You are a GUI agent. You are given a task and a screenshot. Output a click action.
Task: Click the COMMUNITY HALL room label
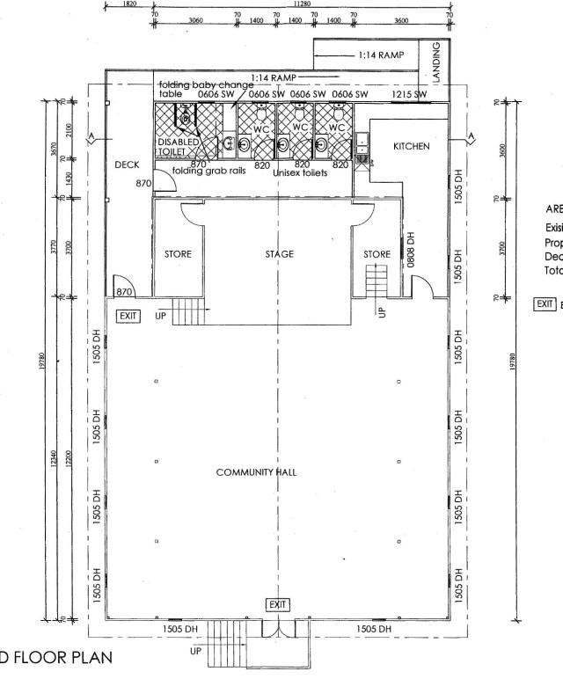[x=256, y=472]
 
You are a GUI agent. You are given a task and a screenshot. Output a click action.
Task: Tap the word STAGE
[x=279, y=254]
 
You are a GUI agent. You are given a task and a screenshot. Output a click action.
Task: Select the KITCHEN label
[x=412, y=146]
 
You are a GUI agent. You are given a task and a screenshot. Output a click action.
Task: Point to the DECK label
[x=128, y=164]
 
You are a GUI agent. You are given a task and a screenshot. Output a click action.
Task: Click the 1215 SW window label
[x=409, y=94]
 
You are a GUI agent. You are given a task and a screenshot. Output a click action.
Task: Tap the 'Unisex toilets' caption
[x=300, y=173]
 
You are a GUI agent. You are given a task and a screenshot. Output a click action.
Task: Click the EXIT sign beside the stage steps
[x=128, y=315]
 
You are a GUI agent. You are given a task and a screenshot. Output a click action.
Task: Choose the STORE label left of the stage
[x=179, y=254]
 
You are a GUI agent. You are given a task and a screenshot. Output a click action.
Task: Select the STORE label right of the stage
[x=377, y=254]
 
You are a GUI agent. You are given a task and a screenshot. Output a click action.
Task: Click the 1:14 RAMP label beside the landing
[x=381, y=55]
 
